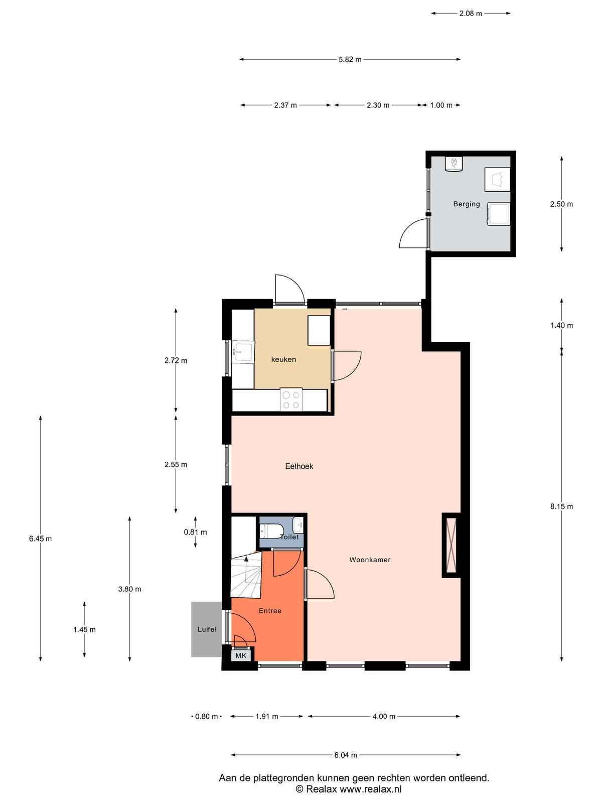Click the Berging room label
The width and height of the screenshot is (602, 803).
point(467,204)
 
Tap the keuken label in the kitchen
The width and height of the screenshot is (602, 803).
point(283,359)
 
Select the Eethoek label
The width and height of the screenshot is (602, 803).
point(299,466)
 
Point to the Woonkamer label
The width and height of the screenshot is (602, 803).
point(370,560)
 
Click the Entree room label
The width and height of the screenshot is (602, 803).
point(270,611)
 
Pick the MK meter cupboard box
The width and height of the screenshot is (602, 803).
point(241,655)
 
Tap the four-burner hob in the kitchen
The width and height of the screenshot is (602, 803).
point(291,400)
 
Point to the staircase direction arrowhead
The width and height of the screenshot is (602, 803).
point(246,559)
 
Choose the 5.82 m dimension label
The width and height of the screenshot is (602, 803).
point(350,59)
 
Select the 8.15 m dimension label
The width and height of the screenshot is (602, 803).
point(561,506)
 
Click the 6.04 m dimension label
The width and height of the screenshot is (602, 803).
point(346,755)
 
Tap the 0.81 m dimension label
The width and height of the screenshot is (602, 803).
point(195,532)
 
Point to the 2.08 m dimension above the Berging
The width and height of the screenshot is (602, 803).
point(471,13)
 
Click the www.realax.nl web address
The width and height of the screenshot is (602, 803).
point(371,789)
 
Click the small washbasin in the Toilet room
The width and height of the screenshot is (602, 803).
point(298,525)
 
